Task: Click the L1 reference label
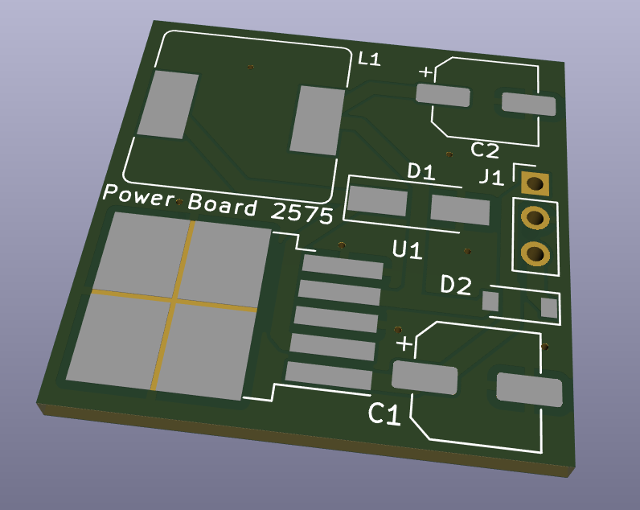click(x=369, y=60)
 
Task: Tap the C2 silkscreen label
click(x=485, y=150)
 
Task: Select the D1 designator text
click(x=421, y=171)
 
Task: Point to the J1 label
click(x=491, y=178)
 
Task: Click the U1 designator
click(x=407, y=249)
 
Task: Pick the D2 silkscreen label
click(x=457, y=285)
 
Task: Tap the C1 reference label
click(x=384, y=414)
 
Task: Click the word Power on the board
click(x=139, y=195)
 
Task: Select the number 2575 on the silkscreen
click(x=302, y=212)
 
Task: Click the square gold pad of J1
click(x=535, y=184)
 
